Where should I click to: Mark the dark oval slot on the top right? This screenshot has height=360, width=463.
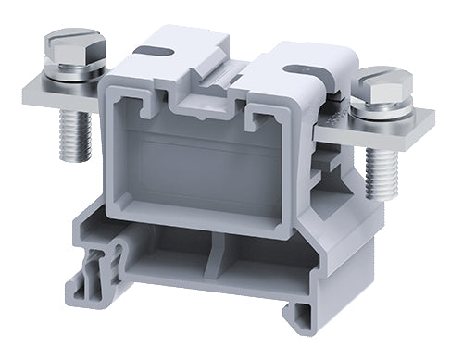[x=298, y=68]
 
